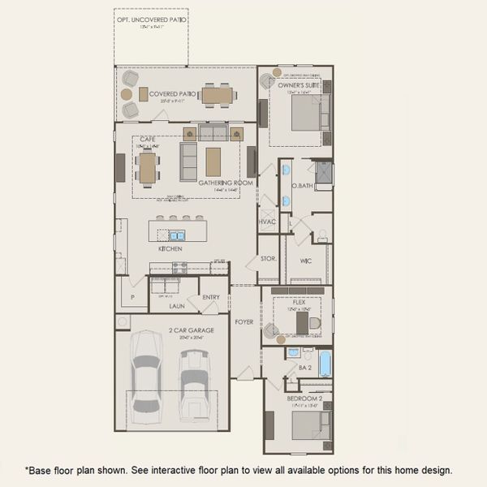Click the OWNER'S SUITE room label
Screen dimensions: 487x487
tap(295, 85)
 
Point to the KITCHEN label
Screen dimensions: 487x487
tap(170, 250)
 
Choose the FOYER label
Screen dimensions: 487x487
tap(243, 322)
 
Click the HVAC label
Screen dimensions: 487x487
tap(267, 222)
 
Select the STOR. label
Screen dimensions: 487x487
tap(269, 259)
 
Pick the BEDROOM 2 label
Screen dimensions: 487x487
tap(305, 399)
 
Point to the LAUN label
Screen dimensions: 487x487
tap(178, 306)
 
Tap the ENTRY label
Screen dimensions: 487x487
tap(211, 297)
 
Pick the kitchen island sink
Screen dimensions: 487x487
tap(176, 235)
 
